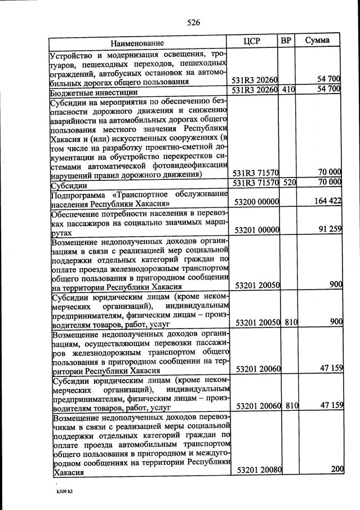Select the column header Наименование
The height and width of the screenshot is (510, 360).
(137, 43)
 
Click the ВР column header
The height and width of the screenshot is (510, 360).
(286, 41)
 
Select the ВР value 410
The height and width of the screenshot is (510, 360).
(288, 89)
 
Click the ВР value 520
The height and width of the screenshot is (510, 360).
(288, 182)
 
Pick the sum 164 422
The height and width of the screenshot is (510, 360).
(327, 201)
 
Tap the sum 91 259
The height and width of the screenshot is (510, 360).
(329, 229)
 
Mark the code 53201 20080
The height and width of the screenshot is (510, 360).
(259, 469)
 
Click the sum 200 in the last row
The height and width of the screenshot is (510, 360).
(336, 469)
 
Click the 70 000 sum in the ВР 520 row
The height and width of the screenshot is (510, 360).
(329, 181)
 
